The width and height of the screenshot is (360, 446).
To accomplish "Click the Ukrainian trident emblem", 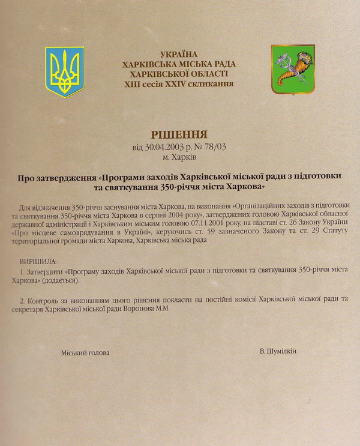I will click(65, 71).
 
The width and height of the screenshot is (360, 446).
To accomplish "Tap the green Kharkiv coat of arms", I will click(293, 69).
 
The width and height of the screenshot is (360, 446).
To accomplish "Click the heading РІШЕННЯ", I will click(179, 134).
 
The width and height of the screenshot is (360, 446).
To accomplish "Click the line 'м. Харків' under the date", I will click(179, 157).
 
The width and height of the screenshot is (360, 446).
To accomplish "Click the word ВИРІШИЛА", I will click(38, 262).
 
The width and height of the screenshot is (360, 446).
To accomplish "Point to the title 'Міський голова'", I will click(85, 352).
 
